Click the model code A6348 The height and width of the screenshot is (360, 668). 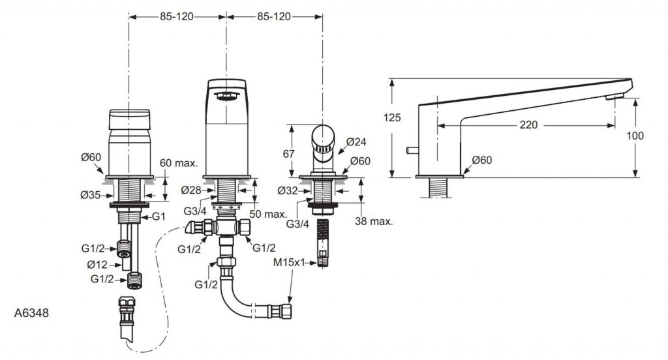point(31,314)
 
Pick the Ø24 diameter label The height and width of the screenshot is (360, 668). point(357,142)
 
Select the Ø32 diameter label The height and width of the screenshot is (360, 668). point(288,192)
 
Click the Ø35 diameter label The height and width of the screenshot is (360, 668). point(91,195)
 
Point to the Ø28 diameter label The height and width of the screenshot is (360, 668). point(191,190)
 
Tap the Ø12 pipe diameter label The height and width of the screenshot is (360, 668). point(97,264)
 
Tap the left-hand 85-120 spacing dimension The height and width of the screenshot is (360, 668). point(177,16)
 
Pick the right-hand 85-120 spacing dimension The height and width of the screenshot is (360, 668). point(274,16)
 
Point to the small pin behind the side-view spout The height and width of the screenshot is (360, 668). point(411,151)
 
